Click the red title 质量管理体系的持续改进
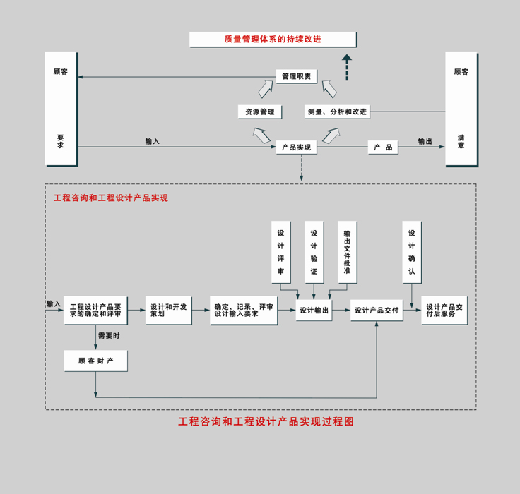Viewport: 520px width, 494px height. coord(273,40)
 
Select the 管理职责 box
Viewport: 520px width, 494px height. coord(296,76)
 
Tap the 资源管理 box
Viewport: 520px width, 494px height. coord(260,112)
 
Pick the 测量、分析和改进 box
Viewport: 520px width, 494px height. coord(337,112)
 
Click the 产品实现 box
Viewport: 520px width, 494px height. coord(296,147)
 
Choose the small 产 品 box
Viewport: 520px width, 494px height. coord(383,147)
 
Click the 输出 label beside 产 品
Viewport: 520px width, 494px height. coord(425,142)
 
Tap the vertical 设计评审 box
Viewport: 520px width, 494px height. coord(280,252)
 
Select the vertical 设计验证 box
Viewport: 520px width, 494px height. coord(314,252)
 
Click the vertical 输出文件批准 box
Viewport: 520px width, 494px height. coord(347,252)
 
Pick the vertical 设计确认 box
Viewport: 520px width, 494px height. coord(412,252)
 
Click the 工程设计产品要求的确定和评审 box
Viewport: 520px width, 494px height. coord(95,310)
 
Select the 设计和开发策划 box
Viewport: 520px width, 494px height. coord(168,310)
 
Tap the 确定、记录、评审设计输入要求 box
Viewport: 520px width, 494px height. coord(244,310)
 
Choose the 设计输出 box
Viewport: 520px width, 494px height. coord(314,310)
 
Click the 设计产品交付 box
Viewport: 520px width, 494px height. coord(377,310)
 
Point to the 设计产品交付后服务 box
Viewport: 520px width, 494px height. coord(444,310)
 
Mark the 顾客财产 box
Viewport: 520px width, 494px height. coord(95,361)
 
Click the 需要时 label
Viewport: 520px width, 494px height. coord(109,336)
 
